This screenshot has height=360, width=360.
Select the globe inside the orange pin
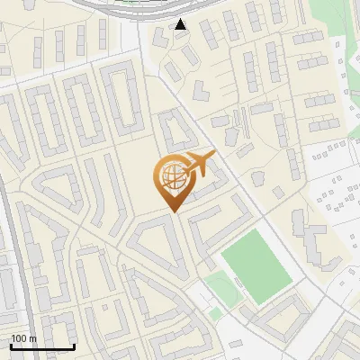point(171,177)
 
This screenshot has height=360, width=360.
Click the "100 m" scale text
point(23,338)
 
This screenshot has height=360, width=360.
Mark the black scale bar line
point(42,347)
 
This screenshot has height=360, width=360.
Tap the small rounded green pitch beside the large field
point(221,289)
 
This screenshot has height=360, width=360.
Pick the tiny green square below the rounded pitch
point(216,313)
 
